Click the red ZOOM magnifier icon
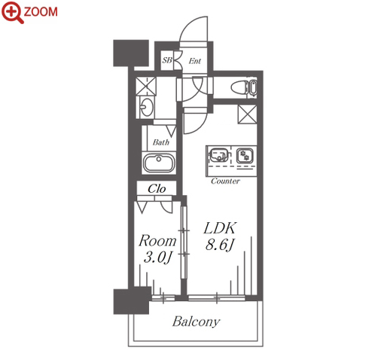(13, 12)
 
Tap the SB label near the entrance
(167, 60)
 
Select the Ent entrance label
(195, 61)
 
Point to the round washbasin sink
(146, 107)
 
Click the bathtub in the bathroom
(159, 163)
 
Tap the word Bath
(161, 142)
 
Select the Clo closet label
(157, 189)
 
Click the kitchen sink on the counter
(219, 155)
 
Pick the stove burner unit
(245, 155)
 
